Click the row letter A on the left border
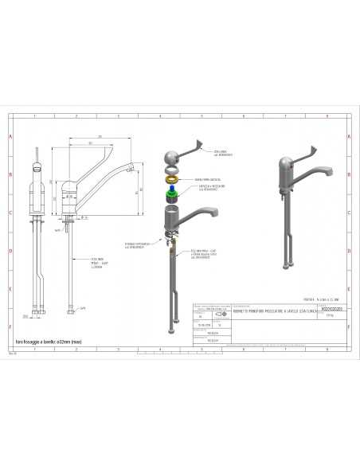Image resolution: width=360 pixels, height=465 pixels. [x=10, y=136]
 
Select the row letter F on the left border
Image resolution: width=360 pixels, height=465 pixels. [x=10, y=326]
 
